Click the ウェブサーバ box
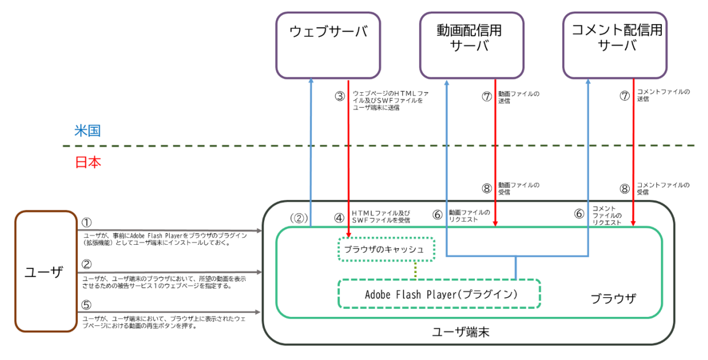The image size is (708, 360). (x=328, y=45)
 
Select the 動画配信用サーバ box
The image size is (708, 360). (x=472, y=45)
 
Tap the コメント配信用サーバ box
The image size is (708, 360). (x=617, y=45)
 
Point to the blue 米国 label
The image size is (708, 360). (x=87, y=131)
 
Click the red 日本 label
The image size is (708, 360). (x=87, y=162)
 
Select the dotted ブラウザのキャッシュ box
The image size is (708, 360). (x=385, y=249)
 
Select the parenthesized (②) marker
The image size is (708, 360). (x=299, y=218)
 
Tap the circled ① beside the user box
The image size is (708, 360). (x=87, y=222)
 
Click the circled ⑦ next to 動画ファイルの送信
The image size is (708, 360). (x=486, y=96)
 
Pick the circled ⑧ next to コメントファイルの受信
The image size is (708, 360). (x=625, y=188)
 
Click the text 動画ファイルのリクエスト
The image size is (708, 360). (x=470, y=215)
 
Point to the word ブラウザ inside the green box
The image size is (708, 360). (x=613, y=298)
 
